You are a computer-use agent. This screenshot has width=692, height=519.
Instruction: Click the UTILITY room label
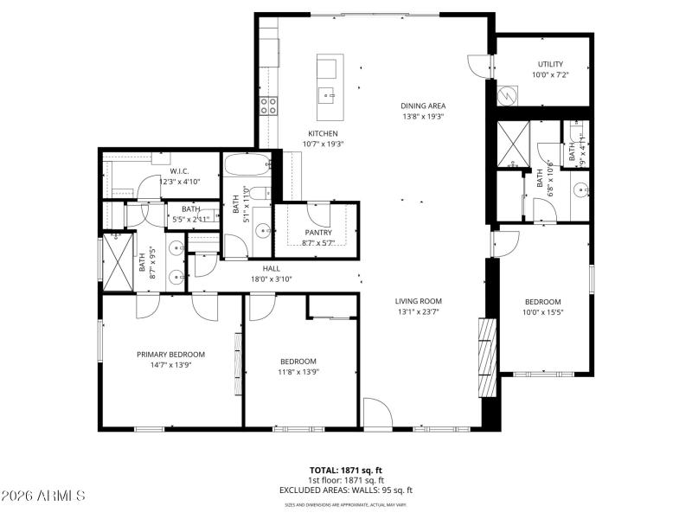[550, 64]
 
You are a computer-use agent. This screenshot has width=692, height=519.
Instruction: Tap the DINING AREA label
[423, 106]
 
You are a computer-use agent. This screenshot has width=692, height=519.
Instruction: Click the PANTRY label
[318, 232]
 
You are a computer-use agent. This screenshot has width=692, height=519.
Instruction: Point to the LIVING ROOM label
[419, 300]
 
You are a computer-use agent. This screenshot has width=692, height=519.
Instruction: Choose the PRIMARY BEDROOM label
[170, 354]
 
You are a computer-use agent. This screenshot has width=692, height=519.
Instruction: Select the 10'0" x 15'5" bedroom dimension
[543, 313]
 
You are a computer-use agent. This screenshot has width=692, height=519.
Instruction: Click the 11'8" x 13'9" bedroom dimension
[298, 372]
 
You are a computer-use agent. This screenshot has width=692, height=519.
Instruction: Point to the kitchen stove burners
[269, 106]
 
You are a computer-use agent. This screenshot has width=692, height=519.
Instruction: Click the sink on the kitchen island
[328, 93]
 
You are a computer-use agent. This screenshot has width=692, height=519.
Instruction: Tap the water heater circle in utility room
[505, 96]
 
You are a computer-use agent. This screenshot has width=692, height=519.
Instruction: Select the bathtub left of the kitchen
[247, 163]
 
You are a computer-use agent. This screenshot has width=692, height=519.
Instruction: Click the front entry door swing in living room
[376, 413]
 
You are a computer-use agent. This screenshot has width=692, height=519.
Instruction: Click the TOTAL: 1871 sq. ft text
[346, 470]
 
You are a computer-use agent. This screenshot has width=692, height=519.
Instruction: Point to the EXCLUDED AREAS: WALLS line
[346, 490]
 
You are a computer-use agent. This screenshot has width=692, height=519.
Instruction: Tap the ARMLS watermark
[43, 496]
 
